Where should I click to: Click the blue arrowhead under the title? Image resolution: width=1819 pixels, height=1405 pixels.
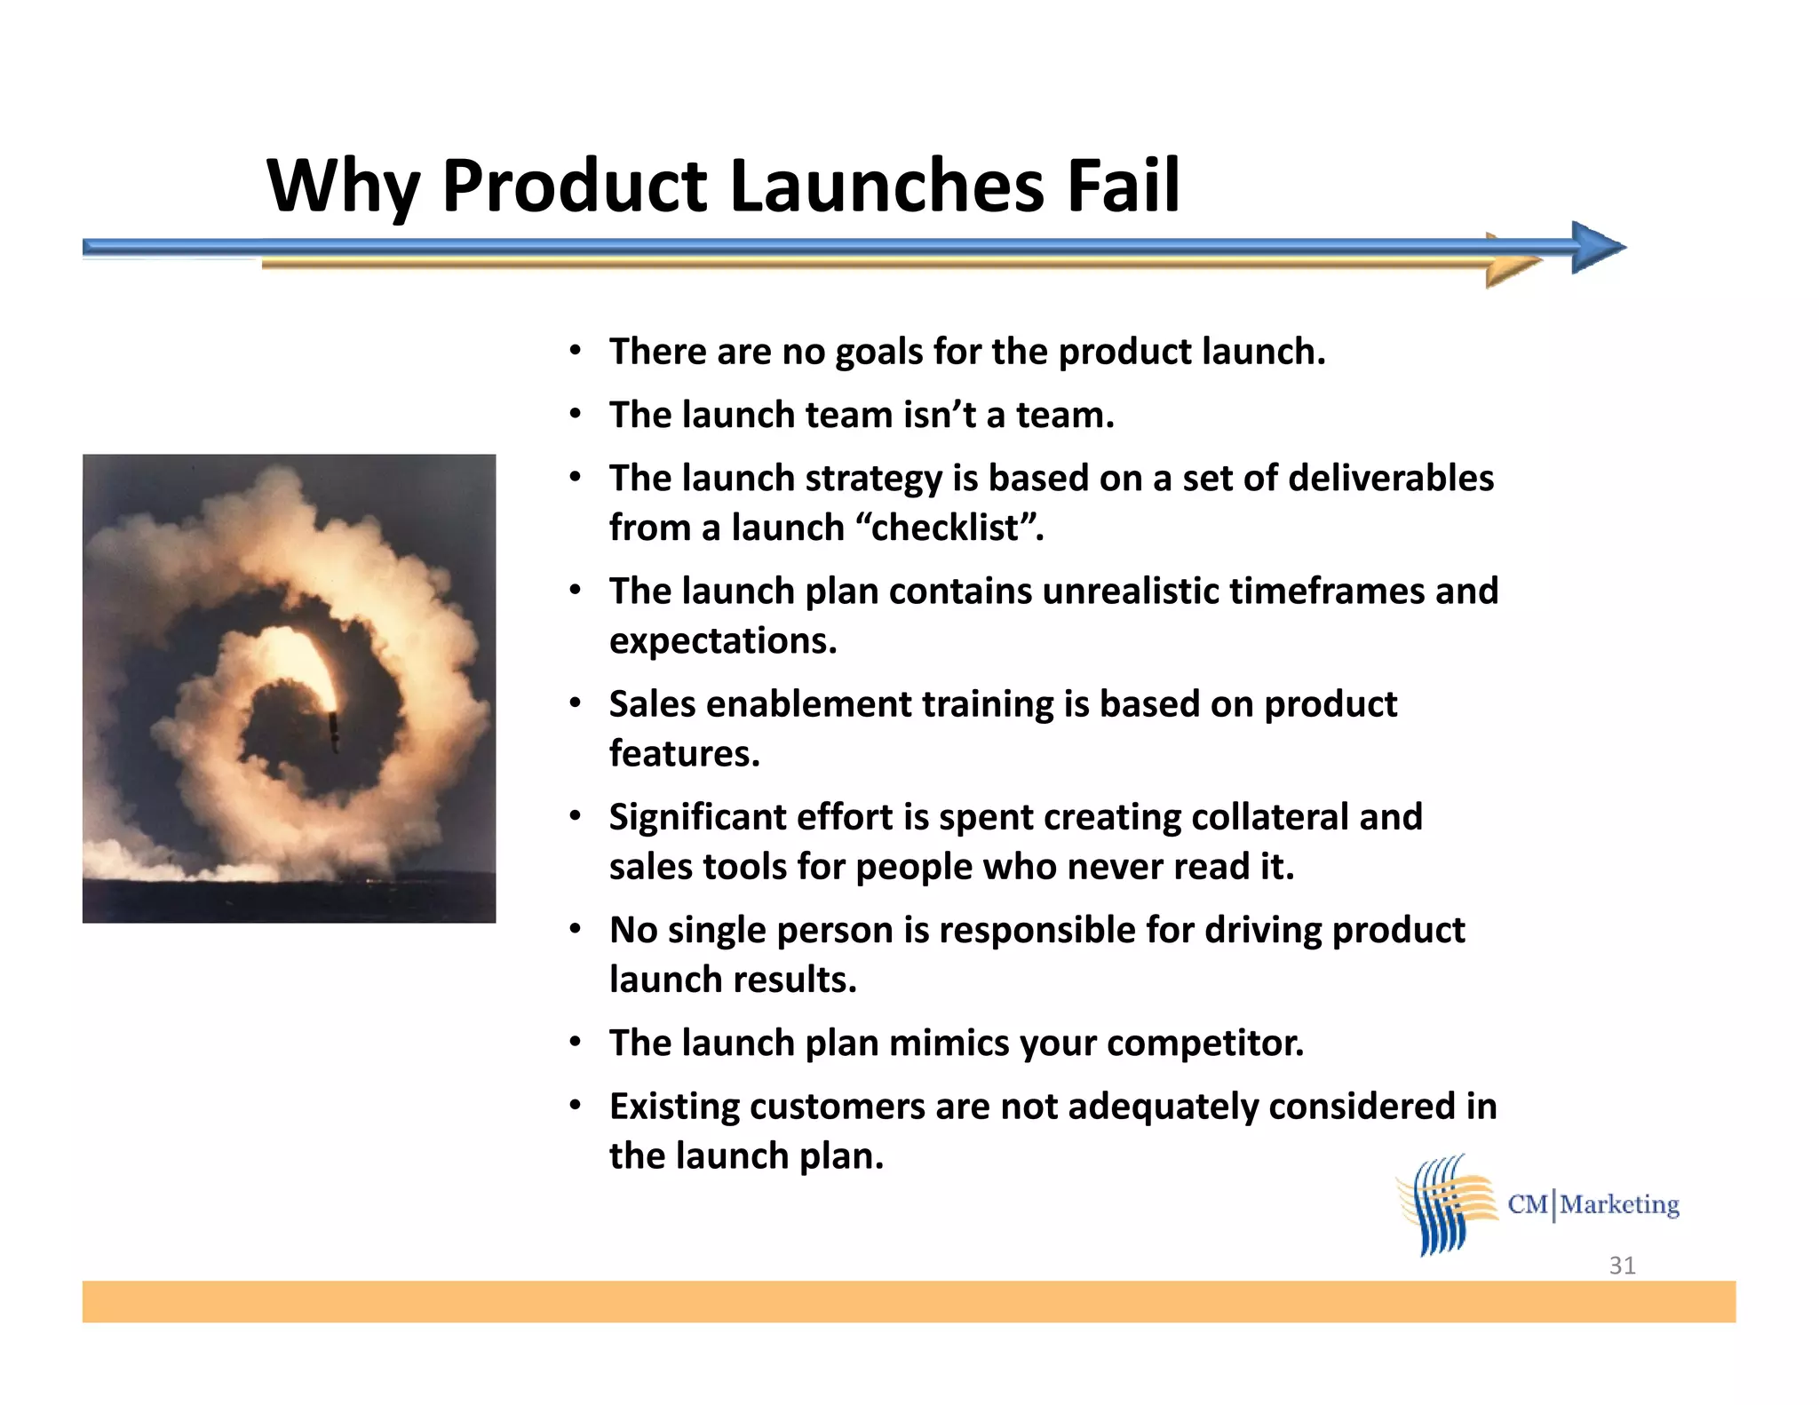click(x=1597, y=247)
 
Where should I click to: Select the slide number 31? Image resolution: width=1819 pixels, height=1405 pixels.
click(x=1622, y=1265)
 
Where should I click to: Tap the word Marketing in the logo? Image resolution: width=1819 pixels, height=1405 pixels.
click(x=1620, y=1204)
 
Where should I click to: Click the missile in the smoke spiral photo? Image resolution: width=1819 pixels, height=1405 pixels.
click(x=334, y=728)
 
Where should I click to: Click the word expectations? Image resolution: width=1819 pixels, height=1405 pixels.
click(x=723, y=640)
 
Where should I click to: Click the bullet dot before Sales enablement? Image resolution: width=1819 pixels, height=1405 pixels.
click(x=576, y=703)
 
